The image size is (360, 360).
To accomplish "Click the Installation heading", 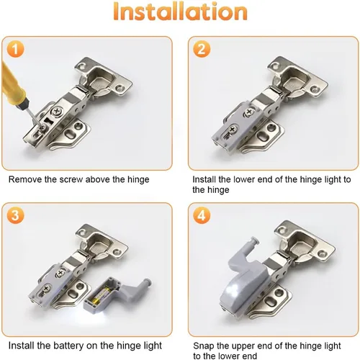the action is pos(180,12).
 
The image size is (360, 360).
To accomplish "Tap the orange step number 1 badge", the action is pos(15,49).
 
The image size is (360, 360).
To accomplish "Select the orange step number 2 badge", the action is pos(202,49).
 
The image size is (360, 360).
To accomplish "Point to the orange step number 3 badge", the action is pos(15,215).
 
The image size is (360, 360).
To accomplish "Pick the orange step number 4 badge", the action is pos(202,215).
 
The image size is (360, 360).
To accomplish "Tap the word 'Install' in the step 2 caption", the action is pos(204,179).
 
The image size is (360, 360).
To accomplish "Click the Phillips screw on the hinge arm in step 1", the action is pos(57,112).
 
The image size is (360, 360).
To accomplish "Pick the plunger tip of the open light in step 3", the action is pos(147,282).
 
